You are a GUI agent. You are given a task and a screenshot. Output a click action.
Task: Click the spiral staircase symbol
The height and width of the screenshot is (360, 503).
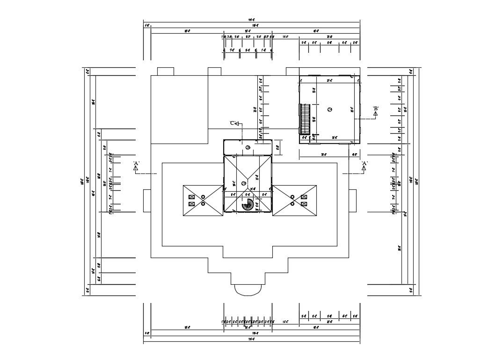point(248,204)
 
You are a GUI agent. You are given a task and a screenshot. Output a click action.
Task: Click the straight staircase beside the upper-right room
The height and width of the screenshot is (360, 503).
point(305,119)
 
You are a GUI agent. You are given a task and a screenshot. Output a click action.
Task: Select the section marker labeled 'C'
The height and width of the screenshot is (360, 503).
point(234,123)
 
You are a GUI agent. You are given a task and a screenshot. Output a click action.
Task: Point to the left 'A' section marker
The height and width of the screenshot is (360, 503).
point(136,166)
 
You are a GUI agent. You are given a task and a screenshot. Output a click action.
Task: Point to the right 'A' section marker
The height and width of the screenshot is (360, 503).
point(364,166)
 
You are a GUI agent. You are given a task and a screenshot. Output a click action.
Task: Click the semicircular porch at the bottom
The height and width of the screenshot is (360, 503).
point(248,289)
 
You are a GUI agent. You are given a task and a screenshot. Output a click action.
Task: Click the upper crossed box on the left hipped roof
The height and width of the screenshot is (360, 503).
point(191,197)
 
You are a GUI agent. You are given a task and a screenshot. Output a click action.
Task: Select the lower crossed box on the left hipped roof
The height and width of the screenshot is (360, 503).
point(191,204)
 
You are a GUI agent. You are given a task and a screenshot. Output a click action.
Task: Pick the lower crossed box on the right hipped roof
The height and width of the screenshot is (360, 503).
point(304,204)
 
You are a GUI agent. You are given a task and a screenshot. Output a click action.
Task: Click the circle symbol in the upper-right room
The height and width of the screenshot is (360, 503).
point(330,109)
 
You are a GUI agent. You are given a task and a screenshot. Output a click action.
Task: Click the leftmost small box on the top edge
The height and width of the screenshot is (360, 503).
point(165,72)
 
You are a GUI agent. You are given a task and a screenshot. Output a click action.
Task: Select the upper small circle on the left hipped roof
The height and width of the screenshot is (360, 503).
point(203,197)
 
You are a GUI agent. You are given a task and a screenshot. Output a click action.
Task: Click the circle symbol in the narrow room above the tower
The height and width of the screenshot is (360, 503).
point(248,148)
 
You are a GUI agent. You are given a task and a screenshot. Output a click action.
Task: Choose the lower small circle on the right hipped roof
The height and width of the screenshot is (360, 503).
point(292,204)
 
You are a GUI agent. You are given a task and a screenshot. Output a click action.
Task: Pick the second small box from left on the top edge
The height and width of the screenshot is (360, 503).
point(214,72)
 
